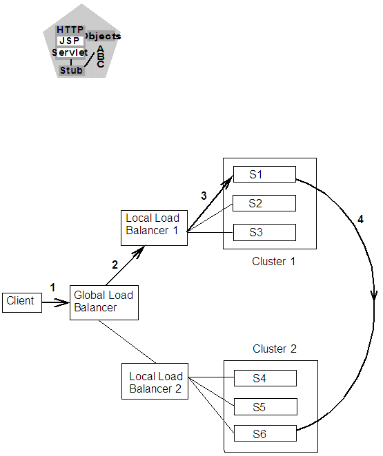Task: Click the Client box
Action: coord(21,302)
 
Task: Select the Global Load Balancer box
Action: coord(104,302)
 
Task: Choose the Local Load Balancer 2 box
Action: coord(155,382)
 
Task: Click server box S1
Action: coord(264,174)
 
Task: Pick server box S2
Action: coord(264,203)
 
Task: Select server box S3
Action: coord(264,232)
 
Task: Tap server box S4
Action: coord(265,378)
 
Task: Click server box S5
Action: coord(265,407)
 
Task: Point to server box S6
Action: coord(265,435)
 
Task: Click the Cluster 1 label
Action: coord(273,262)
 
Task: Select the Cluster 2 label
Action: coord(274,349)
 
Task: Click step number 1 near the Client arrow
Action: coord(52,287)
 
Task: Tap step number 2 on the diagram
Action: coord(115,264)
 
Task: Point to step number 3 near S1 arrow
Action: coord(204,196)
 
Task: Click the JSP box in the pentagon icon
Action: coord(70,41)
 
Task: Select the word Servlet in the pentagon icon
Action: coord(69,53)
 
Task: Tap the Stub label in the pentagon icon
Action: coord(70,70)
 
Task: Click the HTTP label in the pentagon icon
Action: coord(70,30)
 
